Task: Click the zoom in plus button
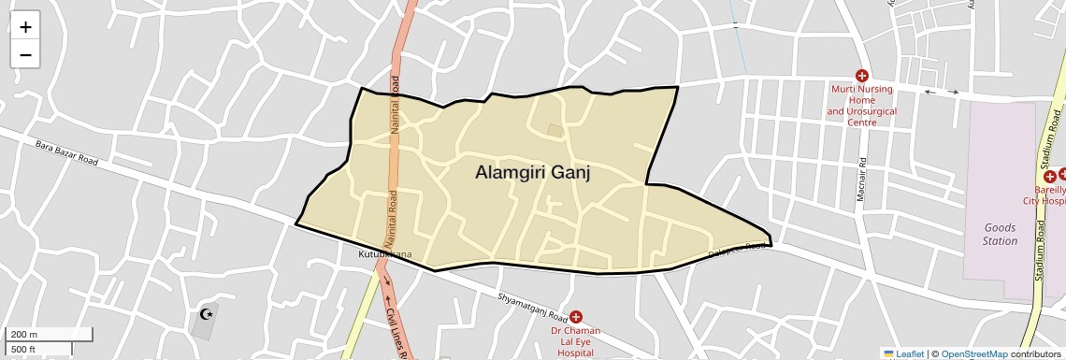pos(25,27)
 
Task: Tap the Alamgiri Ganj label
pos(533,173)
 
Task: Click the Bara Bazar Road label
pos(66,152)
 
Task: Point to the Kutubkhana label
pos(383,254)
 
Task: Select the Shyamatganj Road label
pos(533,307)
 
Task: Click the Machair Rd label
pos(864,177)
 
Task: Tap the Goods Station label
pos(1000,234)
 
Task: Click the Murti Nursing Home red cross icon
pos(862,75)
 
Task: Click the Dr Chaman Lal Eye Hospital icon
pos(576,317)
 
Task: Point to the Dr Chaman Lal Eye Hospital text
pos(576,342)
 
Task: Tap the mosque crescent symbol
pos(207,315)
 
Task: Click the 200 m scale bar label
pos(22,335)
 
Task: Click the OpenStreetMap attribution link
pos(973,353)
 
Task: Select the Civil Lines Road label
pos(393,327)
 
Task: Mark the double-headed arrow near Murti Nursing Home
pos(942,92)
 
